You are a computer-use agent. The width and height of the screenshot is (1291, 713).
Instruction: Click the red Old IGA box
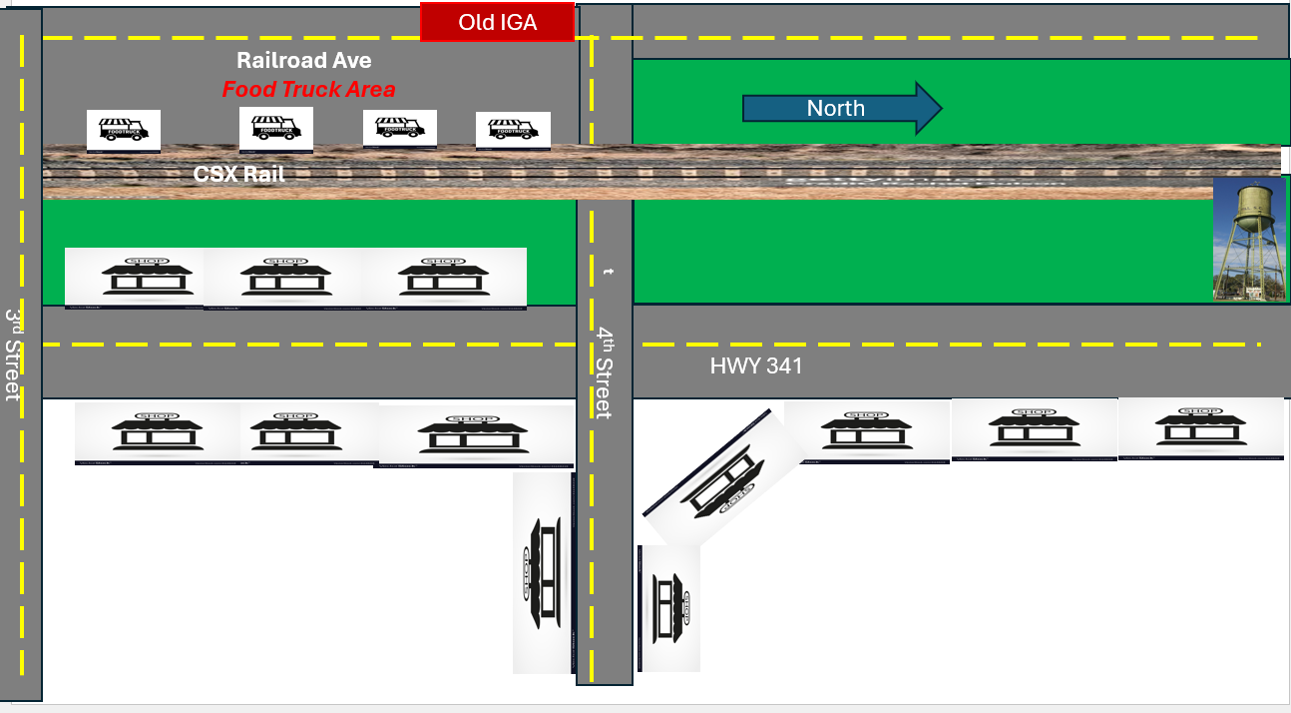497,22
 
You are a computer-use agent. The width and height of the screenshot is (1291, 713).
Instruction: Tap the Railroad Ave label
303,61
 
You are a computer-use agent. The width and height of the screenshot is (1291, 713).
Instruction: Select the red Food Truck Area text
308,90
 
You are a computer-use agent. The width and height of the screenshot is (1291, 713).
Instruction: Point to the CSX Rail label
239,174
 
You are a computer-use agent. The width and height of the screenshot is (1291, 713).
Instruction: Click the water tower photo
1248,240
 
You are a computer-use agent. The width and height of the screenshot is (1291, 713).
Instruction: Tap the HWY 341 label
756,366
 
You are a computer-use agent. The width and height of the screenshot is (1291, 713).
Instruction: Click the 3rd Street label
14,355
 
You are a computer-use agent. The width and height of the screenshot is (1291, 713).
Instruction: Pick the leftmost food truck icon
124,130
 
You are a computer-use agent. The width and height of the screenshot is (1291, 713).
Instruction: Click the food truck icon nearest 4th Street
513,129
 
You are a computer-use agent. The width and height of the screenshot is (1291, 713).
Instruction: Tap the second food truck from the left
276,128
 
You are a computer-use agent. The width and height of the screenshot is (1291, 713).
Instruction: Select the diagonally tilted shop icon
722,476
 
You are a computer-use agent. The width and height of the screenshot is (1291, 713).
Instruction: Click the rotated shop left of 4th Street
544,573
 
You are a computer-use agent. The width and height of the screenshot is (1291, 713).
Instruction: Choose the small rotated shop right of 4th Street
668,607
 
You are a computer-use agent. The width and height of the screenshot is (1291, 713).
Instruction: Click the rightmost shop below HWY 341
1200,428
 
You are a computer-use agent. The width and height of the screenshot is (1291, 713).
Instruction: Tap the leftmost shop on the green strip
135,278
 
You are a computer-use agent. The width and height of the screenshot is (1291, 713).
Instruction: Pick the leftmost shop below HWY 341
157,433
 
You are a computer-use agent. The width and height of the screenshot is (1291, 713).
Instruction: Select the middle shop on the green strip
283,278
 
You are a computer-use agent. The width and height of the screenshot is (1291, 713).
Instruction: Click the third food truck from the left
400,129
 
